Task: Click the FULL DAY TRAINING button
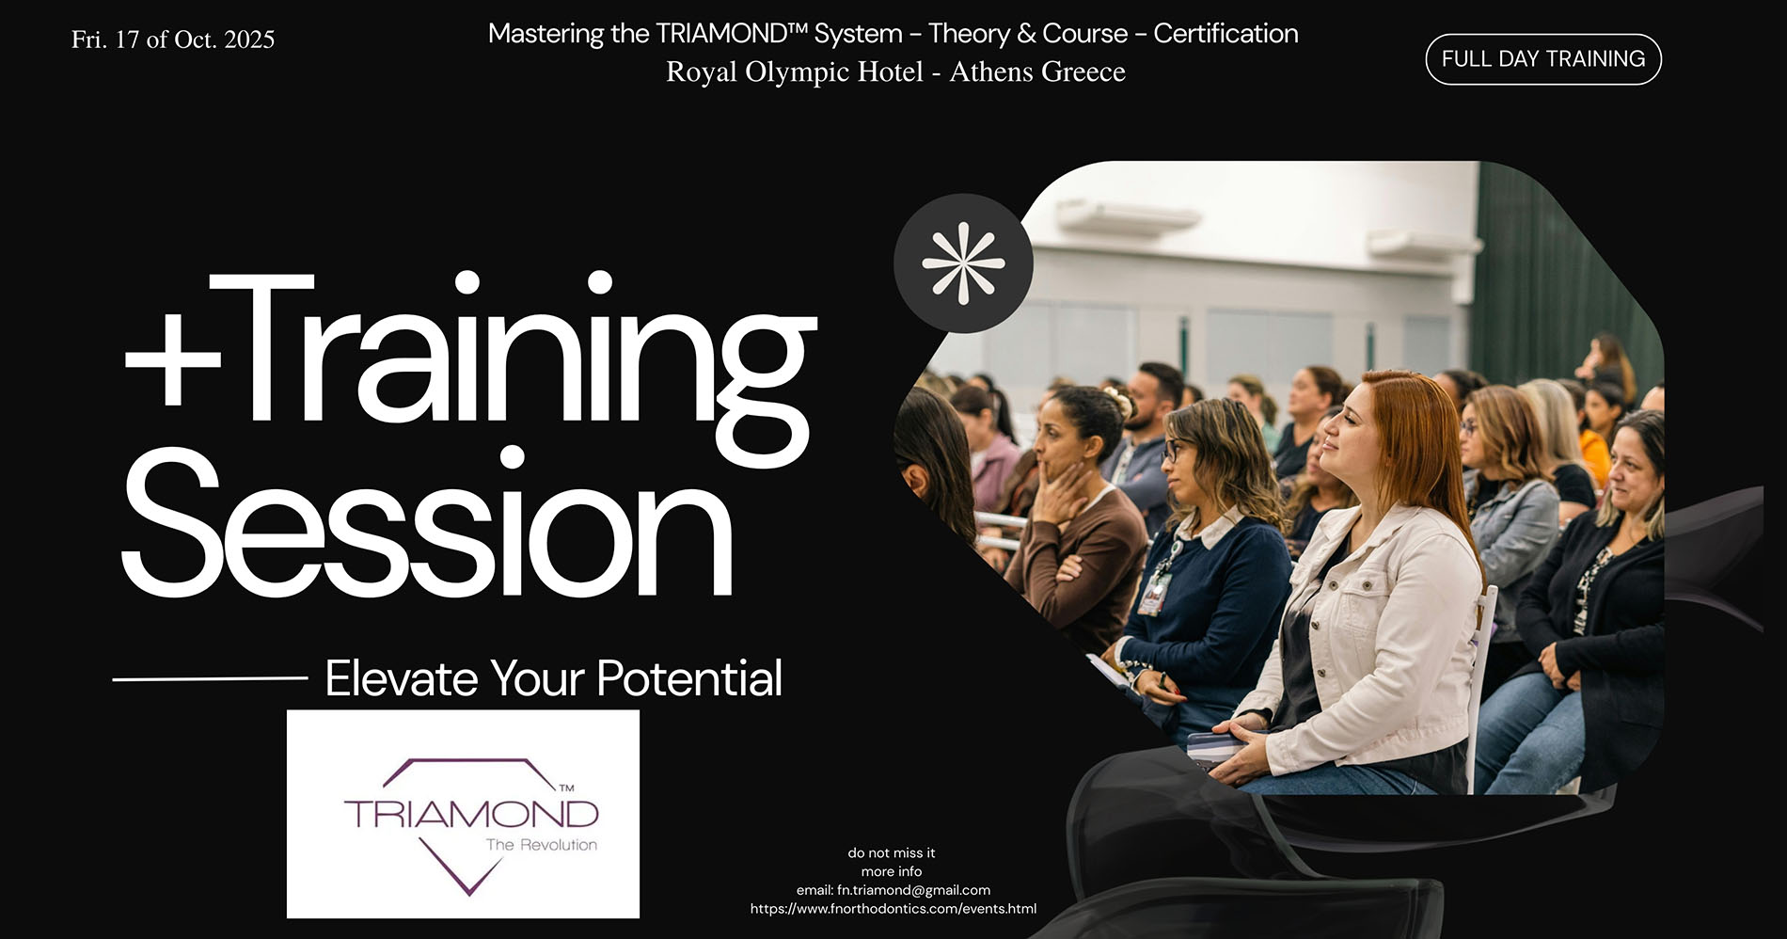1543,59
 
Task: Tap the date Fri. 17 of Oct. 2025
173,40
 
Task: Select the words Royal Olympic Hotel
795,72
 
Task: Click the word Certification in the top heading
1226,34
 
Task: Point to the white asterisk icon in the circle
963,263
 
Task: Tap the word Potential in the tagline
688,677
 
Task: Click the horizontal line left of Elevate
210,677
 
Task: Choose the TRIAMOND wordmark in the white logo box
471,813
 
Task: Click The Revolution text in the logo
541,845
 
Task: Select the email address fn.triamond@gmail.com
913,890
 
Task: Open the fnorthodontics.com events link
893,909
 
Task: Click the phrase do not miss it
892,853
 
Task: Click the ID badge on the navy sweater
1152,595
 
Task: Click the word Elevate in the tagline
402,677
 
